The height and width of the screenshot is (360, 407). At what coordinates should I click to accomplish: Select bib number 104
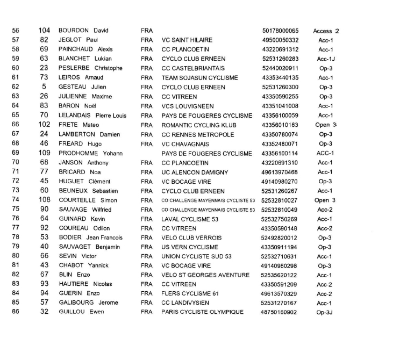tap(45, 30)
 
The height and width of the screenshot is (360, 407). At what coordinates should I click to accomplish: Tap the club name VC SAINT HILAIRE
tap(187, 40)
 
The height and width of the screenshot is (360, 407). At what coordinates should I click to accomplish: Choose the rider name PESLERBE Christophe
tap(90, 68)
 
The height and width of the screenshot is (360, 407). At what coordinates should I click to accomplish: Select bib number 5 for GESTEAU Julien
tap(45, 87)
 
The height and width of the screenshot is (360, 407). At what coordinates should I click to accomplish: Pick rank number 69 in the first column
tap(15, 153)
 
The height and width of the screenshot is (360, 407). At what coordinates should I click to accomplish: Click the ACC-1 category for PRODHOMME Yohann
tap(325, 153)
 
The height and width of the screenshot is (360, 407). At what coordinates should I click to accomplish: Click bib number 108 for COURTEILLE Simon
tap(45, 200)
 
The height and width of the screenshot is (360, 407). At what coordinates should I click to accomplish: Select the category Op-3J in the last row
tap(326, 313)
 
